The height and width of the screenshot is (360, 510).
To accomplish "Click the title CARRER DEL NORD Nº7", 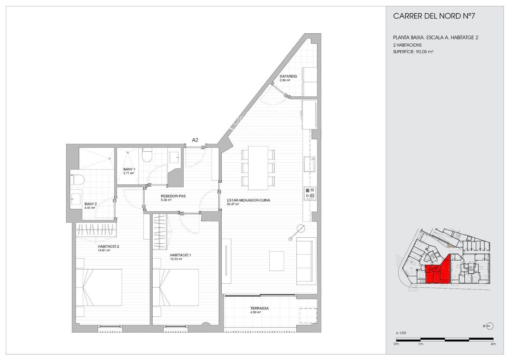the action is tap(434, 16).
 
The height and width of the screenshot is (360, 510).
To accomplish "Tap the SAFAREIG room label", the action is tap(288, 76).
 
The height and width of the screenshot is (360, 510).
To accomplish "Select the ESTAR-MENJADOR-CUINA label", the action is tap(248, 200).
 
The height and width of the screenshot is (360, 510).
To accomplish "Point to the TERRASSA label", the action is tap(259, 308).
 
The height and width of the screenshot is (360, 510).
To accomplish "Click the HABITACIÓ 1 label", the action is tap(180, 255).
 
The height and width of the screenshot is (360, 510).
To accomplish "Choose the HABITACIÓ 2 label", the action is tap(108, 246).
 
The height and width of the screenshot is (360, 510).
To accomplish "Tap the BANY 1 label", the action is tap(129, 169).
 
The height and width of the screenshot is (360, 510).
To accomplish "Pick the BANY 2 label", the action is tap(91, 204).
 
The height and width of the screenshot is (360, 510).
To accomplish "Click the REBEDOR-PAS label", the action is tap(173, 196).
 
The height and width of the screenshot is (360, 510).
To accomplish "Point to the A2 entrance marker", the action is tap(195, 140).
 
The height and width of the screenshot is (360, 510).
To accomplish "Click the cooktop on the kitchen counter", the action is tap(310, 194).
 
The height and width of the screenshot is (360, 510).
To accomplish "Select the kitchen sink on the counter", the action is tap(310, 164).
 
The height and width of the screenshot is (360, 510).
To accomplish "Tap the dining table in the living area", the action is tap(258, 168).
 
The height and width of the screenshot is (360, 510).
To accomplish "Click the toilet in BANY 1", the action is tap(147, 155).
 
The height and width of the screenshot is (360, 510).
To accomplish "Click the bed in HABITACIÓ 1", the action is tap(176, 287).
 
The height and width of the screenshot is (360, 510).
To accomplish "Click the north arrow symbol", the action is tap(490, 326).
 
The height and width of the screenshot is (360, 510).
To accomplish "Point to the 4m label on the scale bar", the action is tap(493, 344).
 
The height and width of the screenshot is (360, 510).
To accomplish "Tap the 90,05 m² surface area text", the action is tap(425, 52).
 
